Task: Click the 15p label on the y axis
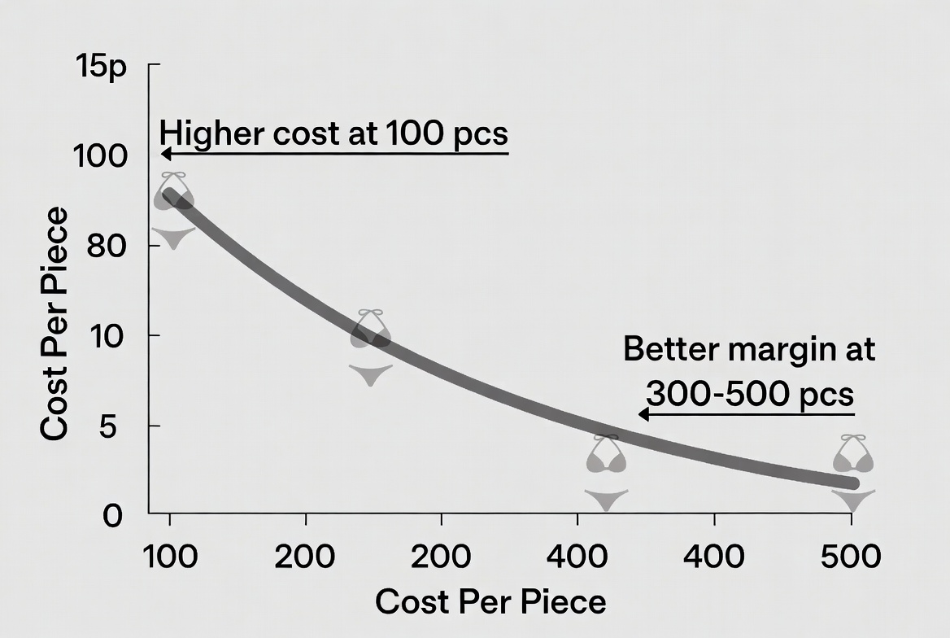tap(102, 65)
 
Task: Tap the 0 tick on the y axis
tap(112, 515)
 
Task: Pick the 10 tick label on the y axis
tap(105, 335)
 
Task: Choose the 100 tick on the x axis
tap(169, 557)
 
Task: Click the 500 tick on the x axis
tap(851, 557)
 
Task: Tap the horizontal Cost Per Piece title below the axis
tap(490, 602)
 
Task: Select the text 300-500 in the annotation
tap(715, 395)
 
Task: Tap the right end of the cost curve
tap(853, 483)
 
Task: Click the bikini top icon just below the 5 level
tap(606, 456)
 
